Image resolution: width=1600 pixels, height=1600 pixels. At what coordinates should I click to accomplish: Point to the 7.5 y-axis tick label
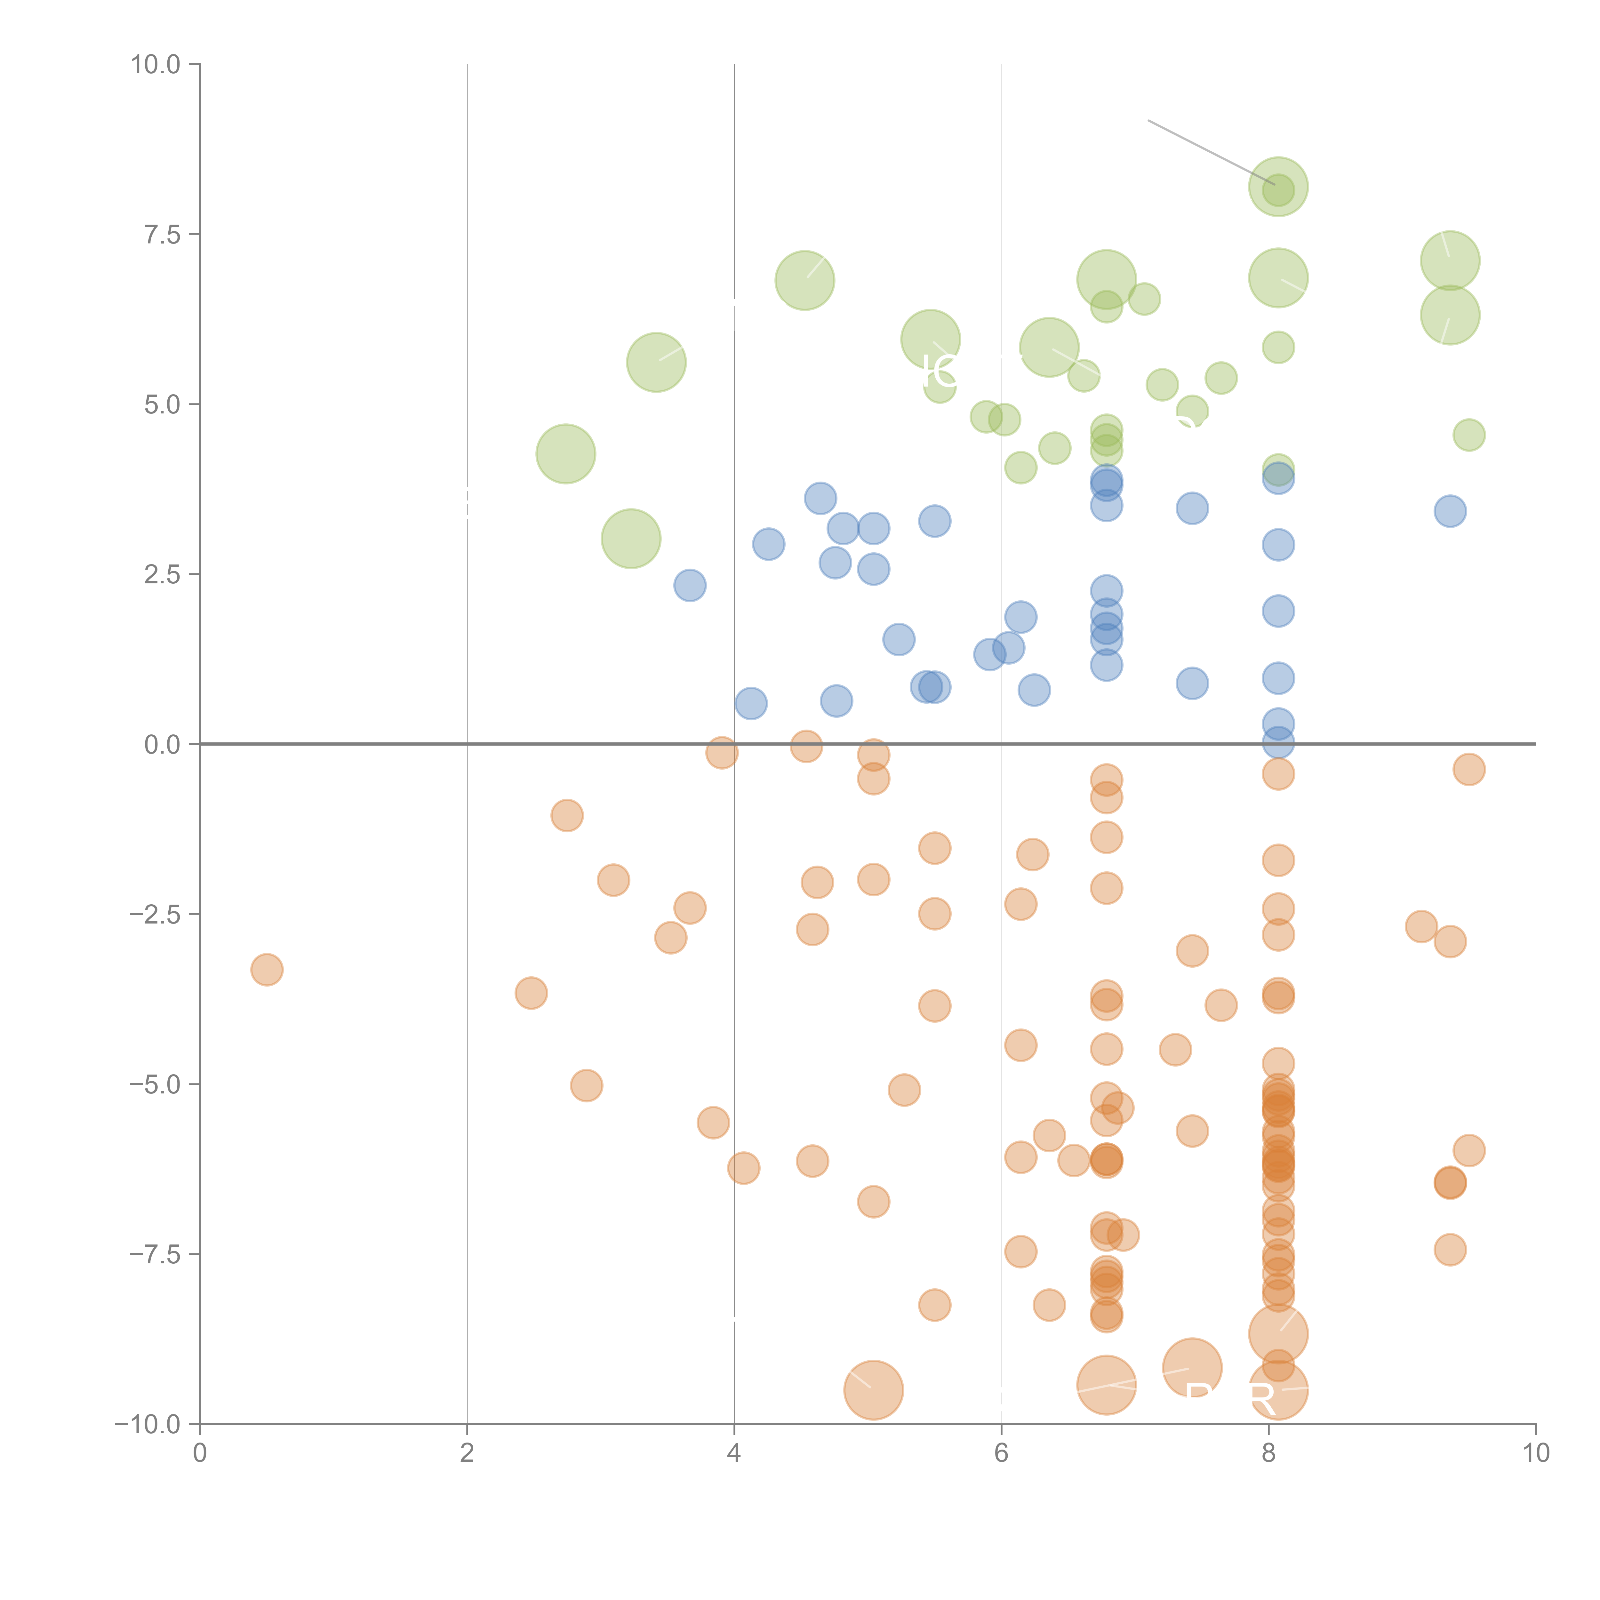[162, 234]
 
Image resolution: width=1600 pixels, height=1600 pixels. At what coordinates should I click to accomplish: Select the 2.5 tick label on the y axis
[162, 575]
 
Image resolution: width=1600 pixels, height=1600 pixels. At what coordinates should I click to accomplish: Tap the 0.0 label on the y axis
[162, 745]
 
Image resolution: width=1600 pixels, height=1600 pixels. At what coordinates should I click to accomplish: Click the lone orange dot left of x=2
[267, 970]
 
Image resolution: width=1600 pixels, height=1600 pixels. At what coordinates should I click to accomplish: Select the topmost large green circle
[1278, 186]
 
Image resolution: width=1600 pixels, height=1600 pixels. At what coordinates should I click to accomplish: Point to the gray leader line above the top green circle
[1209, 152]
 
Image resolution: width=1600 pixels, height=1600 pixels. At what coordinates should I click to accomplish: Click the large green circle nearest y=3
[631, 539]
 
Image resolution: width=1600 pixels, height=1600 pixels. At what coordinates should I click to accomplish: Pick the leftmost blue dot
[690, 586]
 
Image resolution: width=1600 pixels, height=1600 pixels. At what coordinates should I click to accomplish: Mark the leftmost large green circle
[566, 454]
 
